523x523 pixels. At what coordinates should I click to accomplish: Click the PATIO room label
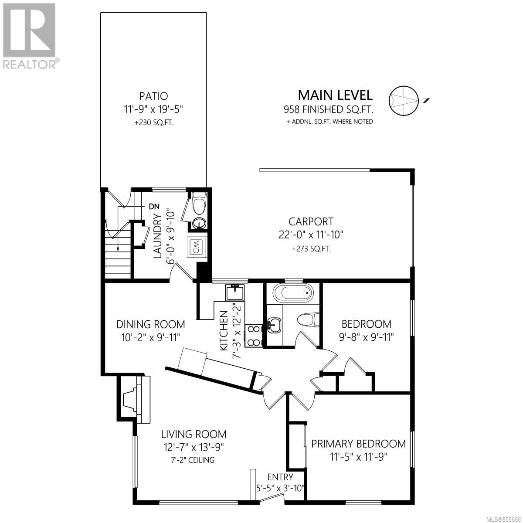(x=153, y=96)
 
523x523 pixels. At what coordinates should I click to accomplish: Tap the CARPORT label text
(x=311, y=222)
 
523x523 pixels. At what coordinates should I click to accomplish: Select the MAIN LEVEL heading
(x=335, y=95)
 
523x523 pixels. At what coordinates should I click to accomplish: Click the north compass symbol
(x=403, y=100)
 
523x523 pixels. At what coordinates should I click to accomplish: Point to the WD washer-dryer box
(x=195, y=247)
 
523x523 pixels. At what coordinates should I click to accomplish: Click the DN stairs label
(x=154, y=207)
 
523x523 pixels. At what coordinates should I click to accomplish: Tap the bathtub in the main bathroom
(x=293, y=293)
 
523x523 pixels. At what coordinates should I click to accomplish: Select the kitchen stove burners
(x=254, y=336)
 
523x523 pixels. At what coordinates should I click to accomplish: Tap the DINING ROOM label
(x=151, y=324)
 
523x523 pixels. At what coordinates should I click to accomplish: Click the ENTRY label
(x=280, y=477)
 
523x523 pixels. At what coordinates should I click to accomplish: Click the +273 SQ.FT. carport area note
(x=311, y=249)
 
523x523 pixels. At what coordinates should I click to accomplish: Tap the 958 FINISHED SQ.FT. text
(x=329, y=109)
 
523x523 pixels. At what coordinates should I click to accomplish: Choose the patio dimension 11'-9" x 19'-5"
(x=153, y=109)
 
